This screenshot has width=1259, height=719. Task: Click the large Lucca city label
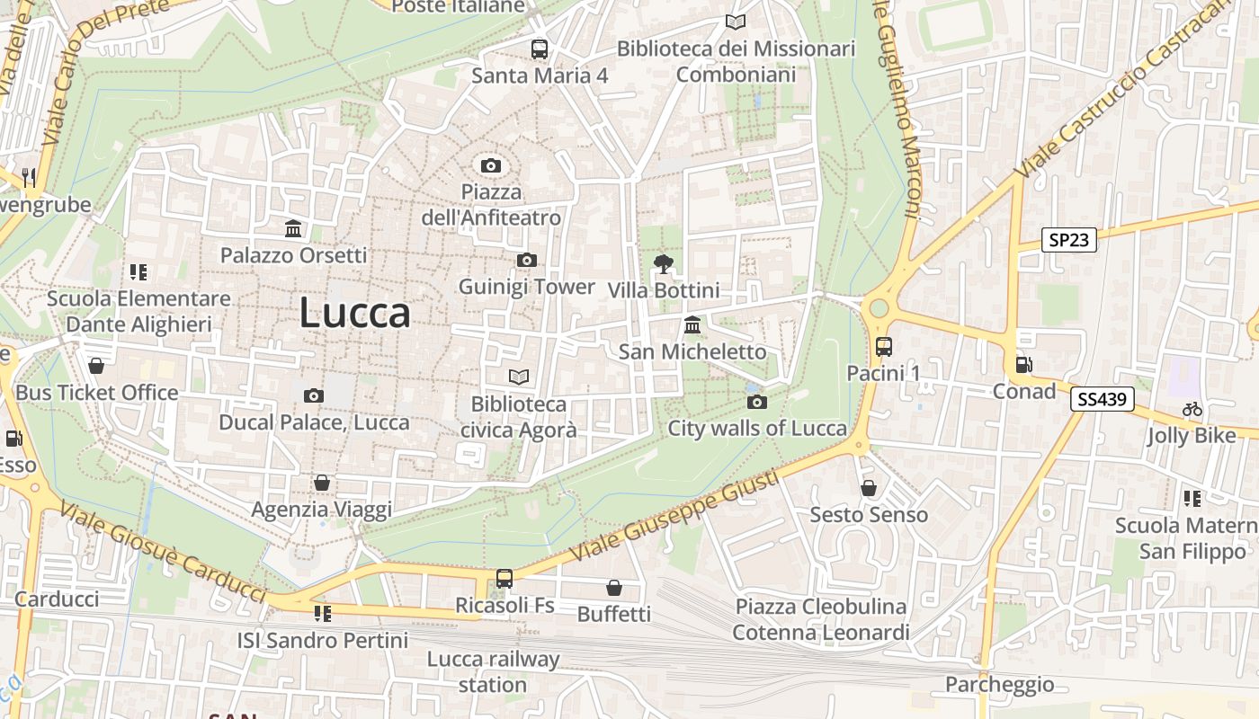click(x=354, y=313)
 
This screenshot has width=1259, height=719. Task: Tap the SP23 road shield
click(x=1069, y=240)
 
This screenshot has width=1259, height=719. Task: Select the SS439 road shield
click(x=1102, y=399)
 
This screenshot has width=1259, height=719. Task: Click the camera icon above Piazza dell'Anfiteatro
click(x=490, y=165)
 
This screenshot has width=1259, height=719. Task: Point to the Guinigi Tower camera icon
click(x=527, y=261)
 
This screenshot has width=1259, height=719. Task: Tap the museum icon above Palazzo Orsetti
click(x=293, y=229)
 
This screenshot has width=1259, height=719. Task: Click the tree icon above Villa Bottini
click(x=664, y=263)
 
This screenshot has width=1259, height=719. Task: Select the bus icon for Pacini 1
click(x=884, y=346)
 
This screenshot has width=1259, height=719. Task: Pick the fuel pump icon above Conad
click(x=1023, y=365)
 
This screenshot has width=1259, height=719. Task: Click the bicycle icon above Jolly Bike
click(x=1192, y=410)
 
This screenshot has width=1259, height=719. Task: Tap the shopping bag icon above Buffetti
click(x=614, y=588)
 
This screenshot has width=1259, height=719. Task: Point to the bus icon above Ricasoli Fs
click(x=504, y=579)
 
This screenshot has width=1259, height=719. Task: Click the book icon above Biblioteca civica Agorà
click(x=519, y=377)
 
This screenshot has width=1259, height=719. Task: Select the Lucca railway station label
click(x=493, y=671)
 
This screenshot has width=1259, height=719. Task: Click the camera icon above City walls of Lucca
click(x=757, y=402)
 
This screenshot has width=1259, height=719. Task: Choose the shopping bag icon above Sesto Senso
click(x=869, y=488)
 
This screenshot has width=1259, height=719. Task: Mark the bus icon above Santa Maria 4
click(x=540, y=49)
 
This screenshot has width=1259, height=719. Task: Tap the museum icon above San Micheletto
click(x=692, y=324)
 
